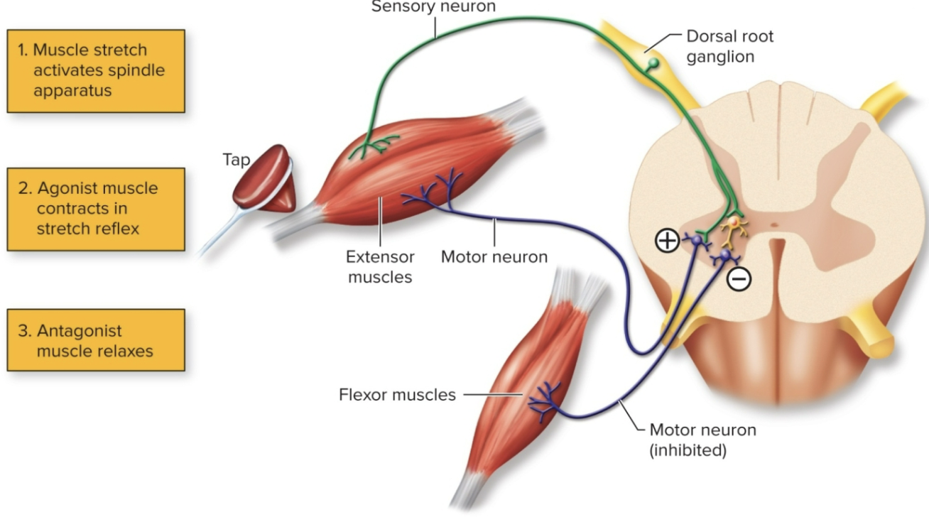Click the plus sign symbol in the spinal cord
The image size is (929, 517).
pos(666,241)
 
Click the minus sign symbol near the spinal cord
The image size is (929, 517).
pos(739,281)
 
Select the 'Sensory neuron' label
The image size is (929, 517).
pos(433,7)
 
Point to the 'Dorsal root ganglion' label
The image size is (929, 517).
pos(730,45)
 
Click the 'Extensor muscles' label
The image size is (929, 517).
pos(380,266)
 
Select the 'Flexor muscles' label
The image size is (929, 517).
pos(397,394)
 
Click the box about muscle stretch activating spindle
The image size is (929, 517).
pos(96,70)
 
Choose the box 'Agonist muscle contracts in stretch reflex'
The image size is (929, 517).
pos(96,209)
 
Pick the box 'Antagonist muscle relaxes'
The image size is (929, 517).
pos(96,340)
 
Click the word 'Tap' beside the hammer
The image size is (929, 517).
pos(237,160)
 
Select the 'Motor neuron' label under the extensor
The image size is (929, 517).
pos(494,256)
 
